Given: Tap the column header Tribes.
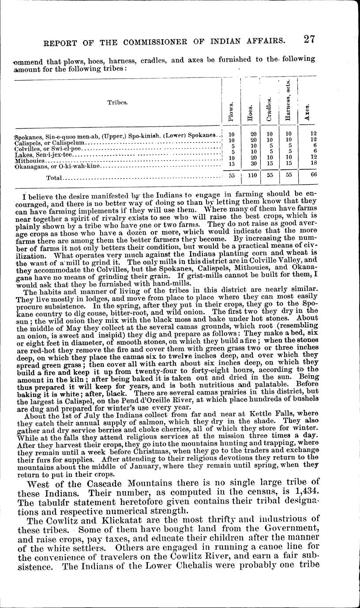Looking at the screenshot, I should (117, 102).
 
